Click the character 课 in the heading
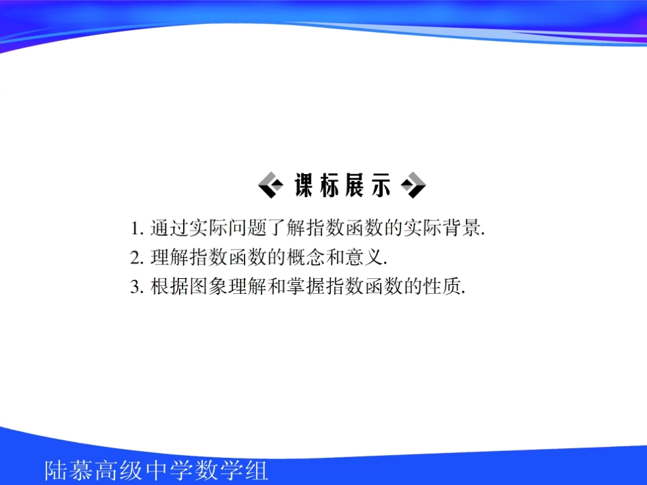[x=305, y=186]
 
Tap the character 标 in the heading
[x=330, y=186]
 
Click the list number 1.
[x=135, y=227]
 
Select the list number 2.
[x=135, y=257]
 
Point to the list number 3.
[x=135, y=287]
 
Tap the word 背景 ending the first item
[x=463, y=227]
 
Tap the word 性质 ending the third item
[x=445, y=287]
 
